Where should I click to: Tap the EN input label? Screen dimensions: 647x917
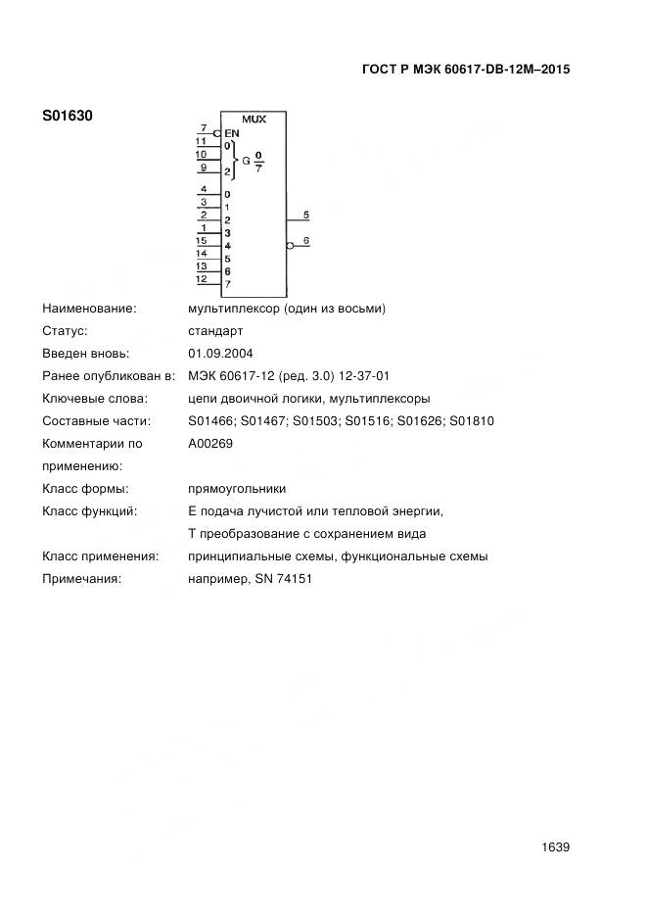pos(232,133)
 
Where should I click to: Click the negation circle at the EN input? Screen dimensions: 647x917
pos(216,133)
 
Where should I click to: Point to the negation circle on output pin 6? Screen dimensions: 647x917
pos(290,246)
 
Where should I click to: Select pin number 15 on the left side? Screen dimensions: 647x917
pos(201,240)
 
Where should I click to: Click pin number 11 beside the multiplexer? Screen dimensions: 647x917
pos(201,140)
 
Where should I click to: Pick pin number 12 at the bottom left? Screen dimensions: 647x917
pos(201,279)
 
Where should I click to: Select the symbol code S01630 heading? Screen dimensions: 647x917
pos(67,117)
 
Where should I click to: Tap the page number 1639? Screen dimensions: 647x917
pos(555,847)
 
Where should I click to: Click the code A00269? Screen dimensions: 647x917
pos(210,443)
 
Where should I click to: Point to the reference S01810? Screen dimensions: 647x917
pos(472,421)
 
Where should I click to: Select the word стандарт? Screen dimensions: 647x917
pos(215,331)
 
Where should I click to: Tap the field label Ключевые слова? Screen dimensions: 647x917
pos(95,399)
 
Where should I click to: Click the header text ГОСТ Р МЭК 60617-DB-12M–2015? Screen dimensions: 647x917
pos(466,70)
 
